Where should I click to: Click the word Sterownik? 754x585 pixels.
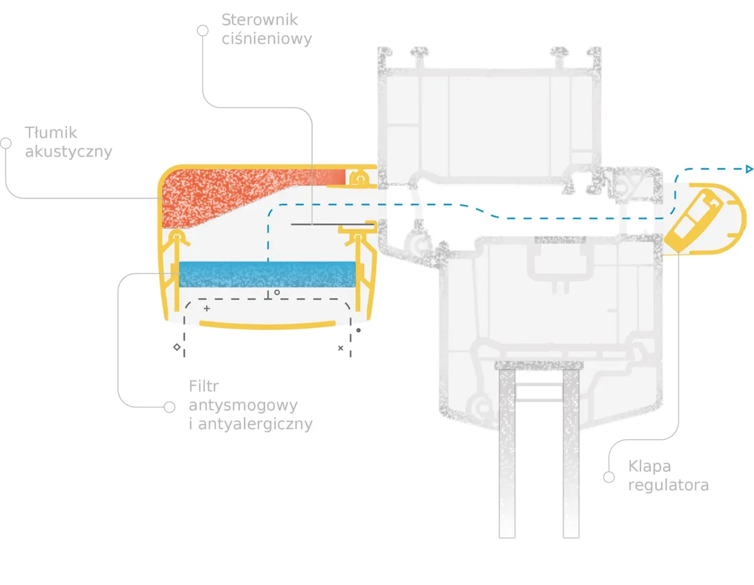click(259, 20)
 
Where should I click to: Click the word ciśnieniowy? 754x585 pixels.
click(266, 39)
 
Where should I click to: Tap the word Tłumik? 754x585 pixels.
click(51, 133)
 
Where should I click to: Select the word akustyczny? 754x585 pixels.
click(68, 151)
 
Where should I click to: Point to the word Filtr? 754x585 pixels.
click(203, 386)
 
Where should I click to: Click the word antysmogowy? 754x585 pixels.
click(243, 405)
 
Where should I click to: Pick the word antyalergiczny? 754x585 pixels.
click(255, 424)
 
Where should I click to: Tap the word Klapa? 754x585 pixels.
click(649, 467)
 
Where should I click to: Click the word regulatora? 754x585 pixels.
click(668, 485)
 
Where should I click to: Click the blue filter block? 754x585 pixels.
click(267, 275)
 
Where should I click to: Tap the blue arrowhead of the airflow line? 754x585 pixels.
click(749, 169)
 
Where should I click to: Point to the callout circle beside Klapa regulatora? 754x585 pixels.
click(609, 477)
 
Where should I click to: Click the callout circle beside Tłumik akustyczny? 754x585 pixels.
click(6, 143)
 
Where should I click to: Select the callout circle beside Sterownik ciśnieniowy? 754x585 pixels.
click(203, 31)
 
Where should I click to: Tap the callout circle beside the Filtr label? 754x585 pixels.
click(170, 407)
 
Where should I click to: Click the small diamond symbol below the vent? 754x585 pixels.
click(177, 347)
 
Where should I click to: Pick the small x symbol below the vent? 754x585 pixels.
click(340, 348)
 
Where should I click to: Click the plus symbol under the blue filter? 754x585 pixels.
click(207, 308)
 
